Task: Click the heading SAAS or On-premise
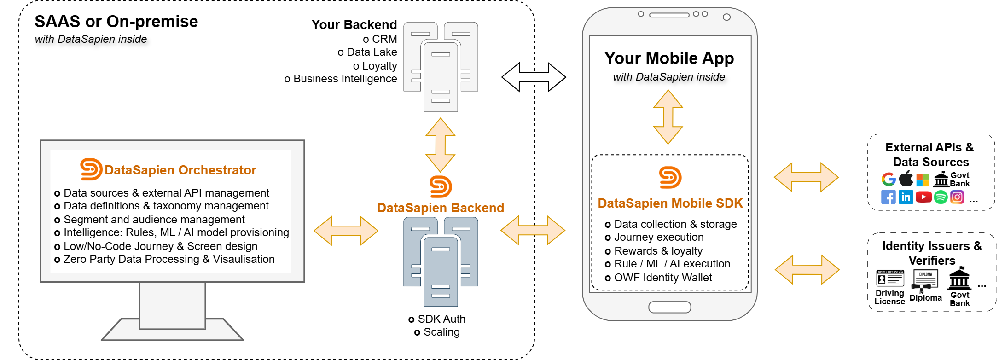point(116,22)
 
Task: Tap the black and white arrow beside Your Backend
point(533,77)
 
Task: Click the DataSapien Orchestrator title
point(180,170)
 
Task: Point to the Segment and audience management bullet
point(154,220)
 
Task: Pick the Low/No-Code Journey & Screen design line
point(160,246)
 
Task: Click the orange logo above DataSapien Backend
point(441,186)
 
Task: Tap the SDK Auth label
point(441,319)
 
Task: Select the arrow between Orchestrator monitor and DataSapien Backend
point(346,231)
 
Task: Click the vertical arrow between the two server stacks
point(441,145)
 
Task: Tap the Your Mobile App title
point(669,58)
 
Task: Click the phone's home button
point(669,307)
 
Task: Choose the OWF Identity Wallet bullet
point(662,278)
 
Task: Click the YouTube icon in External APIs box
point(923,197)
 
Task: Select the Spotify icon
point(941,197)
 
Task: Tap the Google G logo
point(889,179)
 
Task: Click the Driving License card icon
point(889,279)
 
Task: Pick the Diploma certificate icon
point(925,280)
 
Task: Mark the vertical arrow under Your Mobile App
point(668,117)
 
